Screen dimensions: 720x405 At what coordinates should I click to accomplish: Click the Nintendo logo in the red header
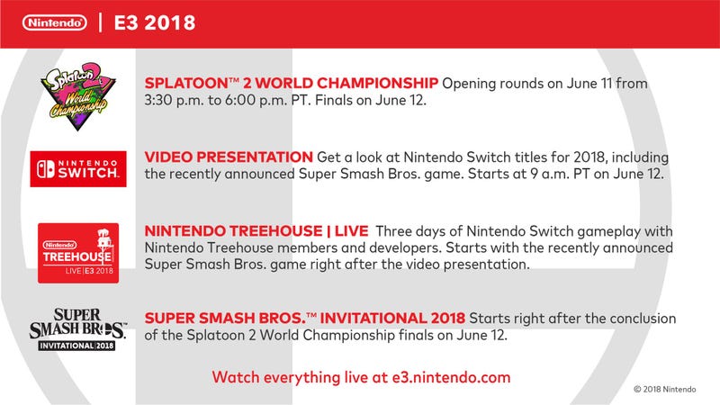tap(55, 22)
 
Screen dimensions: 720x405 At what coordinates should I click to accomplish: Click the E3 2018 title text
tap(155, 23)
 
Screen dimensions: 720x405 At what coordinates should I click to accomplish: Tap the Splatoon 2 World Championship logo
tap(77, 96)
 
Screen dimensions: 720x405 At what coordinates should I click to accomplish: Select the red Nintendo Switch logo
tap(78, 169)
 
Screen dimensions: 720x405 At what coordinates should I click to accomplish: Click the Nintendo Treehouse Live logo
tap(78, 253)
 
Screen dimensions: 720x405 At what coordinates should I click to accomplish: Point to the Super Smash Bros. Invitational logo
tap(77, 329)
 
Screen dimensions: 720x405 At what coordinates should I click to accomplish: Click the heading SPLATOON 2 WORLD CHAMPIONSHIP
tap(291, 83)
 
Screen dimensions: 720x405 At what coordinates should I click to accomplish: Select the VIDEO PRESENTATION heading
tap(229, 157)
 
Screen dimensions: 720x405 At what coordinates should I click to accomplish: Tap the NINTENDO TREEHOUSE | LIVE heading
tap(256, 231)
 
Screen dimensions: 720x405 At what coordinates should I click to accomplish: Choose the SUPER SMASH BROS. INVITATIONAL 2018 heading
tap(305, 319)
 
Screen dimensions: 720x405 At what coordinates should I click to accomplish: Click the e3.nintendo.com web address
tap(452, 377)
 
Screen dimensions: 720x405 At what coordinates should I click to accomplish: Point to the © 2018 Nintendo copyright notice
tap(665, 390)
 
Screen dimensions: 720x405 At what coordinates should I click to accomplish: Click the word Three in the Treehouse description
tap(395, 231)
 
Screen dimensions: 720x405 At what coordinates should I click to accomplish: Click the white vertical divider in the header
tap(101, 22)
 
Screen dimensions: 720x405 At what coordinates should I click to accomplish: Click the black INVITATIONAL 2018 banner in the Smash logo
tap(76, 346)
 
